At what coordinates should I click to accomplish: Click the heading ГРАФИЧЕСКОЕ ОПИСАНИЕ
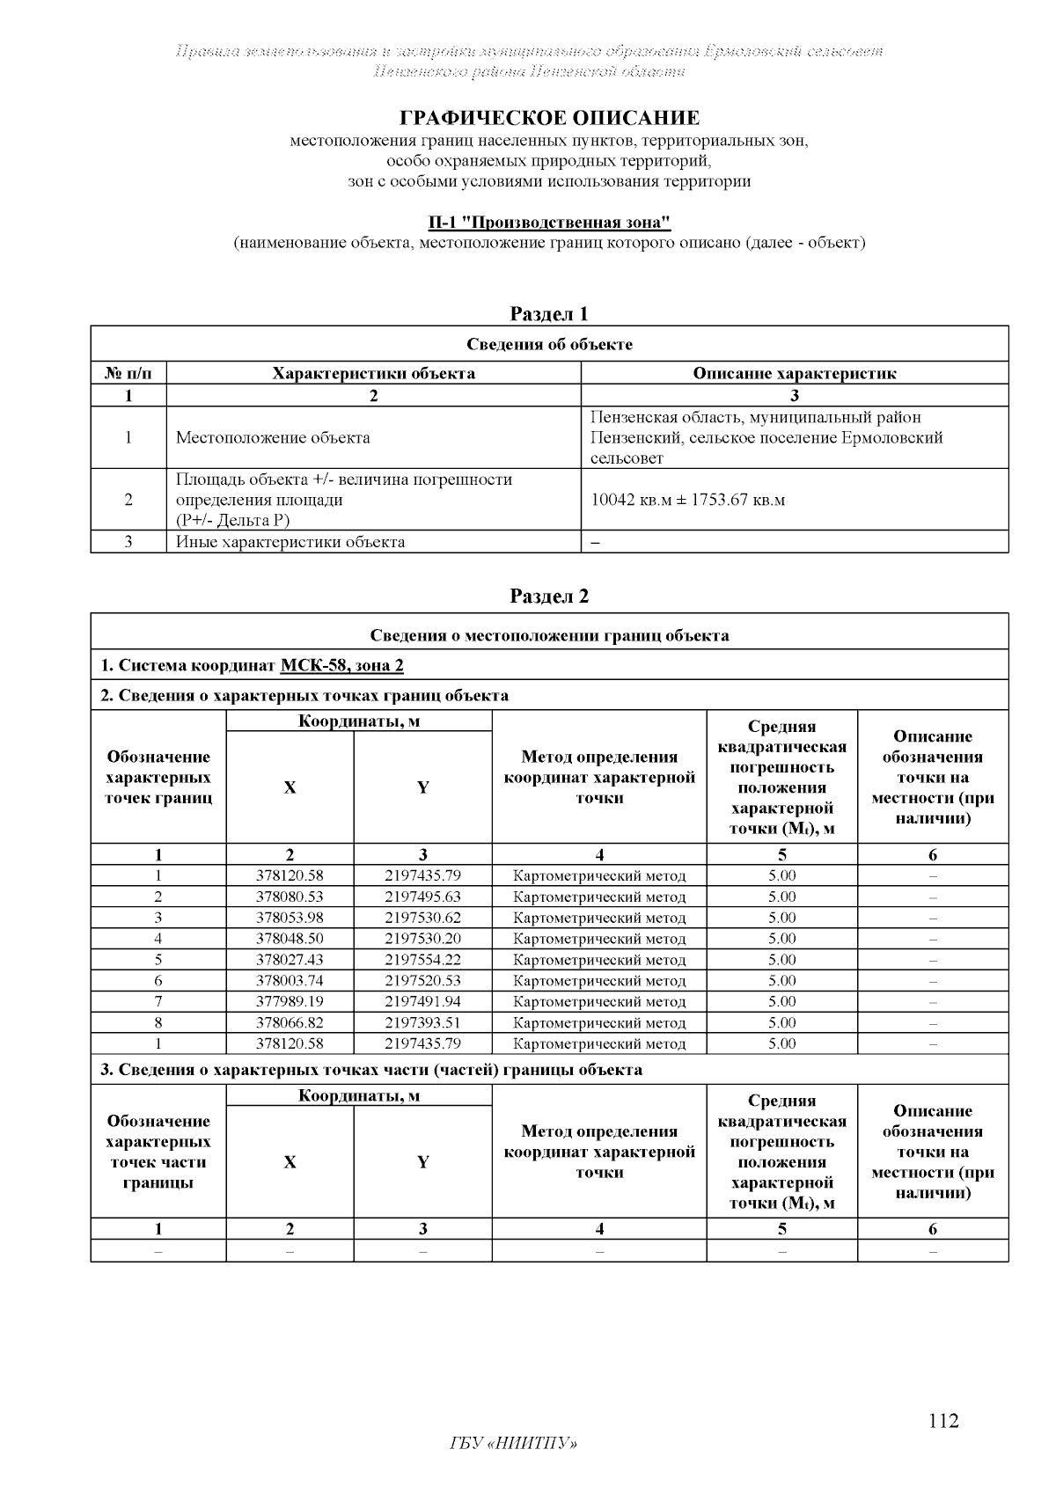point(550,118)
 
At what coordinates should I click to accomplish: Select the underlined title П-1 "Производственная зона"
point(549,222)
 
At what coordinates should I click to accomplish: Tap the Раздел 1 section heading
point(549,314)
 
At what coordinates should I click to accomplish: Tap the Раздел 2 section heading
point(549,596)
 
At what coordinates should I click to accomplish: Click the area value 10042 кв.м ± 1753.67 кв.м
point(687,500)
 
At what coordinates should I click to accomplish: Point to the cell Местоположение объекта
point(273,437)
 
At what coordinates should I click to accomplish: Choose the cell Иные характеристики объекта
point(290,542)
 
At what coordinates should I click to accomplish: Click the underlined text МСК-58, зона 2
point(341,665)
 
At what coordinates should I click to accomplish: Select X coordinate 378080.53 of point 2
point(290,897)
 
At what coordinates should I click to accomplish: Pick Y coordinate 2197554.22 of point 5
point(422,960)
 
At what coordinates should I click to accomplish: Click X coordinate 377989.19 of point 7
point(290,1001)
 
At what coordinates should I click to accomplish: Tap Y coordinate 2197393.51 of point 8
point(422,1022)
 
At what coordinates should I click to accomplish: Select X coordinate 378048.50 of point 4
point(290,939)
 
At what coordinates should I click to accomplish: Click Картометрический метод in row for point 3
point(599,918)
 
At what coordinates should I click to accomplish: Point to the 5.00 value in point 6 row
point(781,980)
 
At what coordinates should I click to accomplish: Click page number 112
point(943,1421)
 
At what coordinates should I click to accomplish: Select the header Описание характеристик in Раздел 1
point(794,373)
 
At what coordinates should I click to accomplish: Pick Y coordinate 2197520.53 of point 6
point(422,980)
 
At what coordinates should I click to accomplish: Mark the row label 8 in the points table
point(158,1022)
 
